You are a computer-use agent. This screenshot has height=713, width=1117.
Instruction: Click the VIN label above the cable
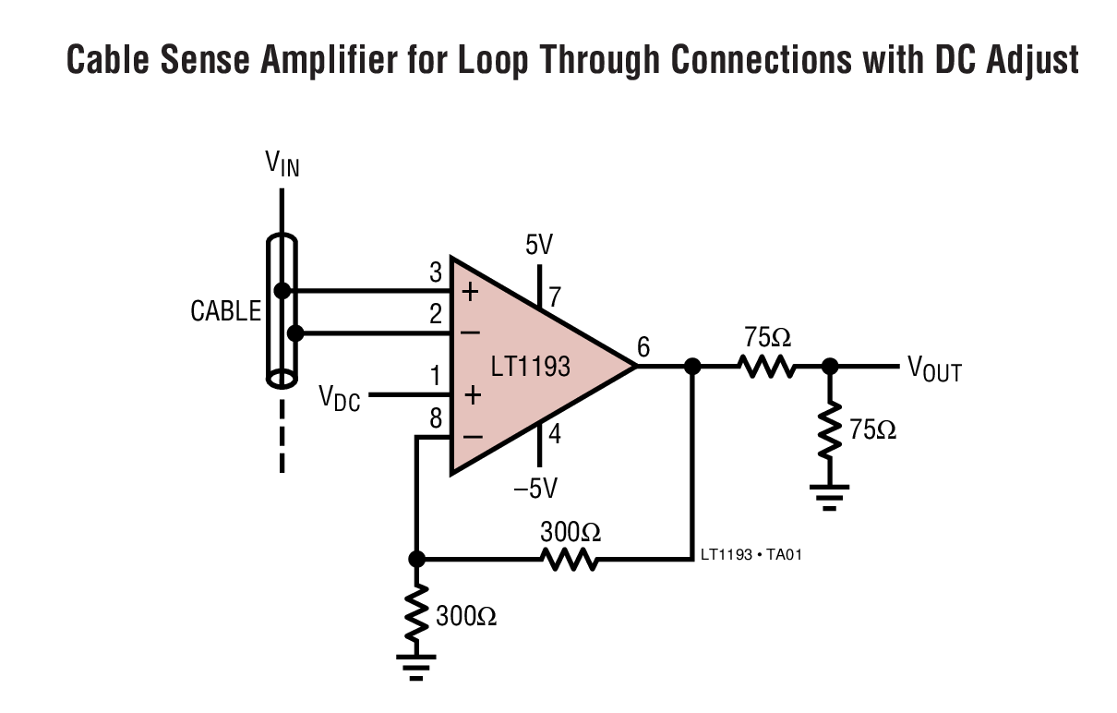pos(282,165)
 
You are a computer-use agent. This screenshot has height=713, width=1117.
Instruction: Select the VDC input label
pos(339,397)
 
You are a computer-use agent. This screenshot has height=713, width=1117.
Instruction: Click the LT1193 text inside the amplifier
pos(530,367)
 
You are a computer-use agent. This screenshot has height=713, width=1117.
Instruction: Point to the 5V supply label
pos(539,246)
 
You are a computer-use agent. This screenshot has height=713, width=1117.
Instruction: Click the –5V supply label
pos(535,488)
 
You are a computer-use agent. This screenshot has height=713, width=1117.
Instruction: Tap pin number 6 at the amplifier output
pos(643,347)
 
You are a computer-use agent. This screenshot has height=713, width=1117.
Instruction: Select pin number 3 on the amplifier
pos(436,272)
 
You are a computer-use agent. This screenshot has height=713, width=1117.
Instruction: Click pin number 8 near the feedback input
pos(436,419)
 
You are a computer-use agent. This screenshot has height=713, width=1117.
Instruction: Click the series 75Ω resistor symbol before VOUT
pos(766,368)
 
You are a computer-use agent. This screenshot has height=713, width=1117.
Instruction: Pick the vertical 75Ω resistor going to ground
pos(830,429)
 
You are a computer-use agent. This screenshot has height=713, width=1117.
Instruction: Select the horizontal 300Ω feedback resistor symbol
pos(570,559)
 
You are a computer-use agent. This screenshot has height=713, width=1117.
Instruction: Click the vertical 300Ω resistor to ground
pos(417,614)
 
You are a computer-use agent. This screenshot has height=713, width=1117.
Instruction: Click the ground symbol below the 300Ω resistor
pos(417,666)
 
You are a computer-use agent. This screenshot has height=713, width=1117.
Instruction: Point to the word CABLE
pos(226,312)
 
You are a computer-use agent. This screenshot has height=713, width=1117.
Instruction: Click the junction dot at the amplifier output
pos(692,367)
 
